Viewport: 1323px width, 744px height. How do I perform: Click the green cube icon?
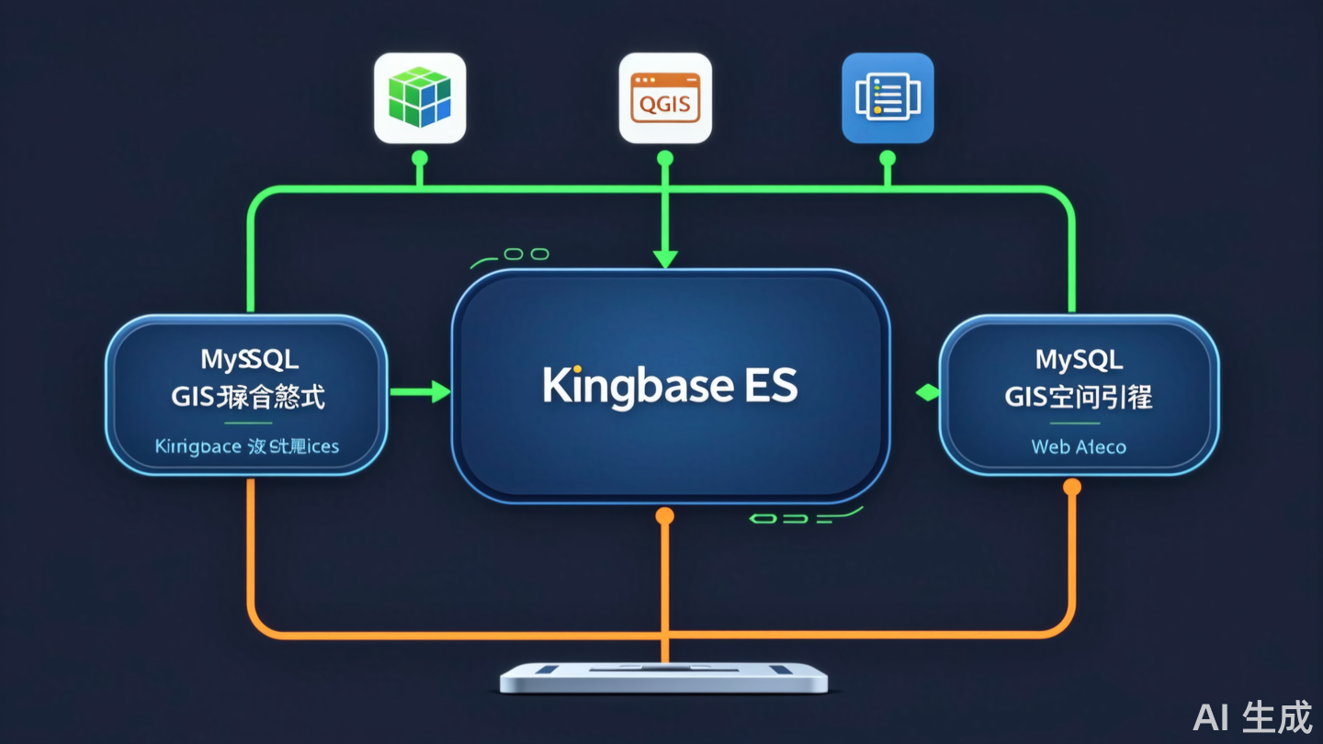click(420, 97)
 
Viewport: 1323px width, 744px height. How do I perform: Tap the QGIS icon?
click(665, 97)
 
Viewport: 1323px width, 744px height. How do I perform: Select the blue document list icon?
click(888, 97)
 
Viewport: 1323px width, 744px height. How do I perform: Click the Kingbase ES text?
click(670, 387)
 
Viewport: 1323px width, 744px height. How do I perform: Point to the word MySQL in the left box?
click(249, 359)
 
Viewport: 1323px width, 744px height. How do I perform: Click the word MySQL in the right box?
click(1079, 359)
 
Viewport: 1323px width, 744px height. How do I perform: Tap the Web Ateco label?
click(1079, 447)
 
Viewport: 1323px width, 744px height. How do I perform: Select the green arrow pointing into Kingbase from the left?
click(421, 392)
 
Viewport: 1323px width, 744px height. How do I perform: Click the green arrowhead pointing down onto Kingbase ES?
click(665, 259)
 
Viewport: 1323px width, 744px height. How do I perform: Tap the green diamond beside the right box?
click(927, 393)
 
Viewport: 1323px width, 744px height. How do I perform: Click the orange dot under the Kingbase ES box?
click(665, 516)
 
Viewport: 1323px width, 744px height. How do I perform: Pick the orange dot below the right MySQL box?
click(1071, 487)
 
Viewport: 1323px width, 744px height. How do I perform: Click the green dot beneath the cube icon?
click(420, 158)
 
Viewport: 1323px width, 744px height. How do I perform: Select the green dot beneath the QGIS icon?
click(665, 158)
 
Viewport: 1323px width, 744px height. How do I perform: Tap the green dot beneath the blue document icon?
click(888, 158)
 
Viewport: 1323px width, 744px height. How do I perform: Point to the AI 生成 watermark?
click(1253, 717)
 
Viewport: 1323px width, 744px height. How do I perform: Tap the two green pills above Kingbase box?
click(526, 254)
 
